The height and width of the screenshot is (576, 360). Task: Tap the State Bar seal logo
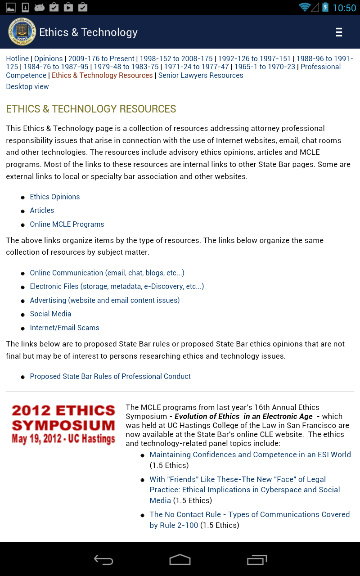point(22,32)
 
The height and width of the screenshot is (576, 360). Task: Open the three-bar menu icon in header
point(339,32)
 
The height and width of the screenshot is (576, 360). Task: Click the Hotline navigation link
point(17,58)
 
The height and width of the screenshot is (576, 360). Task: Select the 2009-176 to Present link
point(101,58)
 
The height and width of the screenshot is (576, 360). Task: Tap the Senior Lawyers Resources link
point(201,75)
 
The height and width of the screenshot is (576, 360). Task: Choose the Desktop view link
point(27,86)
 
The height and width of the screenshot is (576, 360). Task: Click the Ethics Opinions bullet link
point(55,197)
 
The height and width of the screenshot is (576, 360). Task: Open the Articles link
point(42,210)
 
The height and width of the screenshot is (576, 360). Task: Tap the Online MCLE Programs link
point(67,224)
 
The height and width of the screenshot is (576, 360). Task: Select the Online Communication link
point(107,273)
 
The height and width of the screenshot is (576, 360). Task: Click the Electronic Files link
point(117,286)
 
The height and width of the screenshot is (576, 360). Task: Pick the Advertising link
point(105,300)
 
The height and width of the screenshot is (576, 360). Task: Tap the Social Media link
point(50,314)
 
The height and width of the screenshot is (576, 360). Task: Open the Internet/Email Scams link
point(64,328)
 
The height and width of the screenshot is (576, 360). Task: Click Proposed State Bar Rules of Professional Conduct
point(110,376)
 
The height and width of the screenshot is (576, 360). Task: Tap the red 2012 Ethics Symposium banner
point(63,424)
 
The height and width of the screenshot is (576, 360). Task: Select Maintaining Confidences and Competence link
point(250,454)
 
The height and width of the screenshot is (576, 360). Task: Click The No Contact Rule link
point(250,514)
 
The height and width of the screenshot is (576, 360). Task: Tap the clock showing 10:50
point(344,8)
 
